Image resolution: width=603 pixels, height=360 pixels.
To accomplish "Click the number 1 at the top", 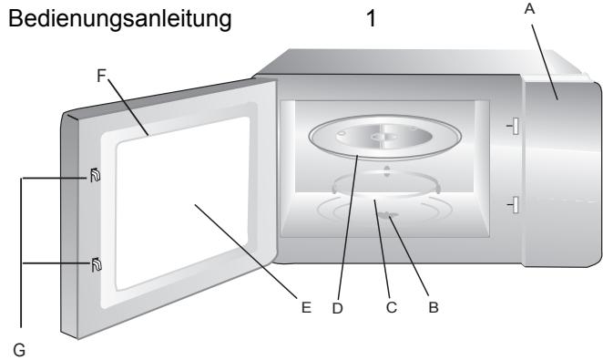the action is click(371, 17).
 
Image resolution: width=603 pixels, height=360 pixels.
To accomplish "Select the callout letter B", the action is click(434, 308).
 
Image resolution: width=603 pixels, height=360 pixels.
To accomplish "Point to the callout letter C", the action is click(392, 308).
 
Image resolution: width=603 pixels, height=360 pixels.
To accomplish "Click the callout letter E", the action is click(306, 308).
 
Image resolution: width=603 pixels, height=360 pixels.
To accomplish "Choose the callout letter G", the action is click(15, 346).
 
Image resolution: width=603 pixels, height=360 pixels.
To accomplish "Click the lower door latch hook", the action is click(96, 264).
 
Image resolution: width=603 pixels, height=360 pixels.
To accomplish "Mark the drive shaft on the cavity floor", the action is click(390, 216).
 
